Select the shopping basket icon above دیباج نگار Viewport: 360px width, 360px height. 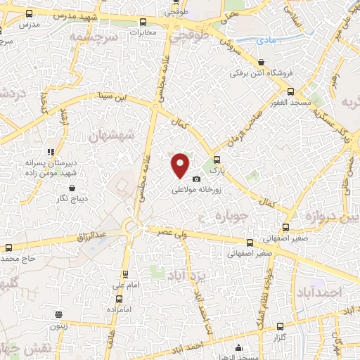[74, 188]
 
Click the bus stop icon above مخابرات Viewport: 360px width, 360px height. [143, 22]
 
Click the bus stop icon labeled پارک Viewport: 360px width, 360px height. [217, 160]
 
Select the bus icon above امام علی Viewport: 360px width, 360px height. [126, 275]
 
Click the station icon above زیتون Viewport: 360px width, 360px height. [58, 315]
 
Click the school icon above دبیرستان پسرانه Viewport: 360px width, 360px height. [50, 151]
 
